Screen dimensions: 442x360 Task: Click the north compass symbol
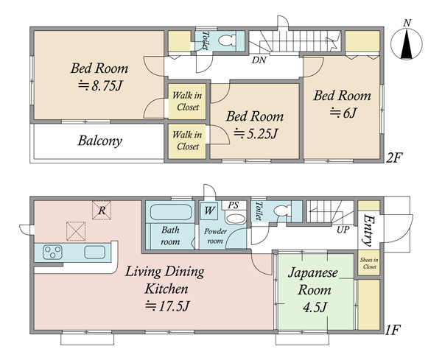click(x=407, y=43)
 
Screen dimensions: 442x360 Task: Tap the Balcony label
click(x=99, y=141)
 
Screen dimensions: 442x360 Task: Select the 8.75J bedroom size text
click(x=99, y=85)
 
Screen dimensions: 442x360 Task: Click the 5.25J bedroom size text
click(x=256, y=133)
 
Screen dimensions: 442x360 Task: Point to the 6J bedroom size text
click(x=343, y=113)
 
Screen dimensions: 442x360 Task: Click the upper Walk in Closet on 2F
click(x=187, y=101)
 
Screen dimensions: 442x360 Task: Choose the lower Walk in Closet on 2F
click(x=187, y=141)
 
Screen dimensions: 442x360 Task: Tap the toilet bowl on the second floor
click(x=227, y=40)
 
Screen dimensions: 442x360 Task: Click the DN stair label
click(x=259, y=60)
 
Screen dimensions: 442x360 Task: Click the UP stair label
click(x=343, y=230)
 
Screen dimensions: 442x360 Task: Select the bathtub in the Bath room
click(x=171, y=213)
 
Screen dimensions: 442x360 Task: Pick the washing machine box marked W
click(x=209, y=211)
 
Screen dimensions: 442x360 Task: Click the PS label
click(x=233, y=205)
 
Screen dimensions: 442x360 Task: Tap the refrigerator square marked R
click(x=102, y=210)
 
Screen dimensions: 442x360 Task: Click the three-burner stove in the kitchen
click(x=52, y=252)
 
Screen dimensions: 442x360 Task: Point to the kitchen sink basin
click(x=95, y=252)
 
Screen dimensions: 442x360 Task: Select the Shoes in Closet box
click(x=369, y=263)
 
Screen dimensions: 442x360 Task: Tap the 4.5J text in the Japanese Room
click(x=315, y=307)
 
